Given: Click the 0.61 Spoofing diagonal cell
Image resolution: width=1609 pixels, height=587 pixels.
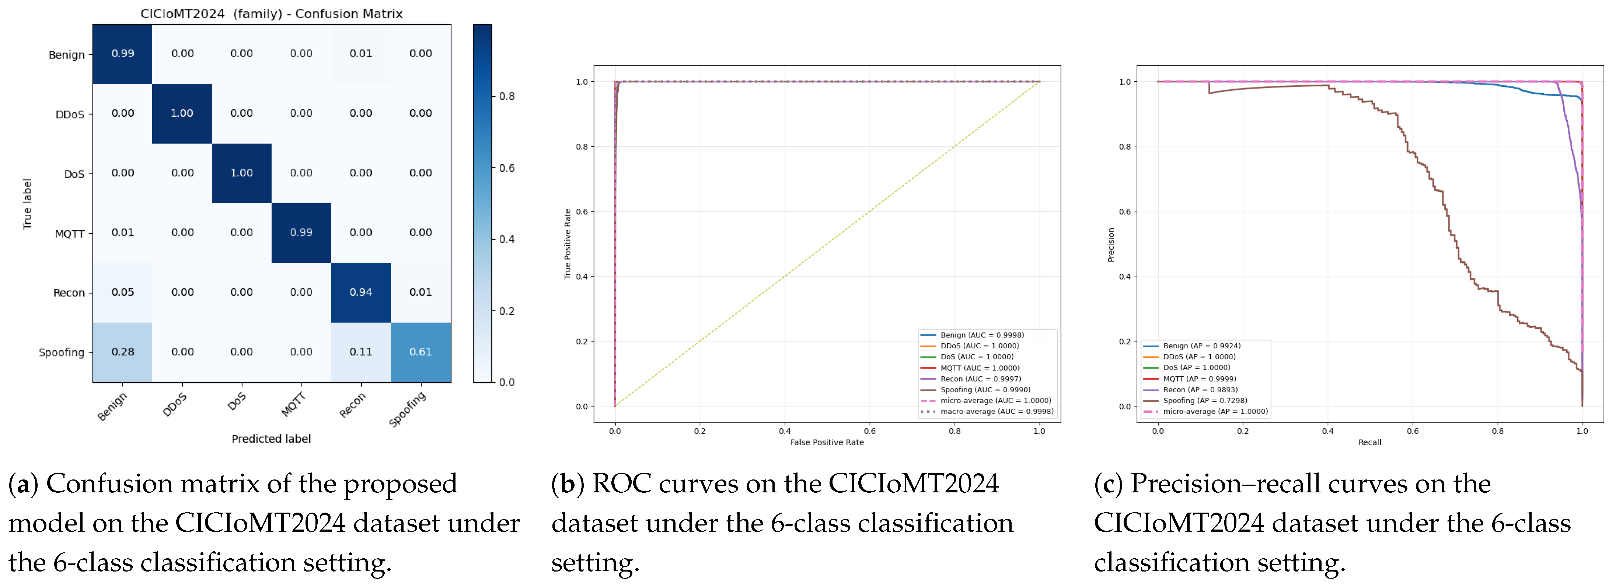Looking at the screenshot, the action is point(420,352).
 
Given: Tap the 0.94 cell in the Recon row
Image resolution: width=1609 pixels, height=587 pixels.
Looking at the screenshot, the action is point(361,292).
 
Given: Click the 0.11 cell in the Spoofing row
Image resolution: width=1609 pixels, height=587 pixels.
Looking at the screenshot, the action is point(361,352).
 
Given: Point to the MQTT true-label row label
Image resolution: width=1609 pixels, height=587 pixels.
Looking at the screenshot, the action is point(69,233).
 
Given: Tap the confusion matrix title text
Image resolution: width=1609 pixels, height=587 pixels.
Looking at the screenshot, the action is point(271,14).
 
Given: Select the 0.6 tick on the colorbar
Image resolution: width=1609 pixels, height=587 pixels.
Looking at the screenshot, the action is point(507,168).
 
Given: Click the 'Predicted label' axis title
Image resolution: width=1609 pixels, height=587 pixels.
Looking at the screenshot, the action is point(271,439).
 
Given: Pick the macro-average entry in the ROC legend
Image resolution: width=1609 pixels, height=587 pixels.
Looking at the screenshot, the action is point(987,411).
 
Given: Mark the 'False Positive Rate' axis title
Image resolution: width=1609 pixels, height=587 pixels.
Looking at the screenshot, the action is point(827,442).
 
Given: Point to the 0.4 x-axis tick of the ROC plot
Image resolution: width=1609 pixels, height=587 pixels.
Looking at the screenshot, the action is point(785,431).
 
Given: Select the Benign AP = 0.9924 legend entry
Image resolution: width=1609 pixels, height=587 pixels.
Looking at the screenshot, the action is point(1192,346).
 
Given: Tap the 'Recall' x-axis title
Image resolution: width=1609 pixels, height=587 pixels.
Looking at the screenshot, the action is point(1370,442).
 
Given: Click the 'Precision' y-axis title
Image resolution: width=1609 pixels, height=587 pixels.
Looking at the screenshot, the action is point(1110,245).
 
